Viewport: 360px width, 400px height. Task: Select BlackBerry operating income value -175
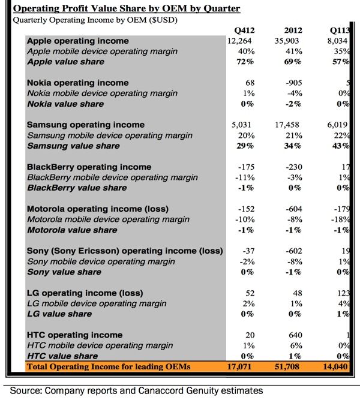pyautogui.click(x=248, y=167)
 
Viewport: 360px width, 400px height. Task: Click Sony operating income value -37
pyautogui.click(x=250, y=251)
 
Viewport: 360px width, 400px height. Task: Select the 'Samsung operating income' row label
pyautogui.click(x=86, y=125)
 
